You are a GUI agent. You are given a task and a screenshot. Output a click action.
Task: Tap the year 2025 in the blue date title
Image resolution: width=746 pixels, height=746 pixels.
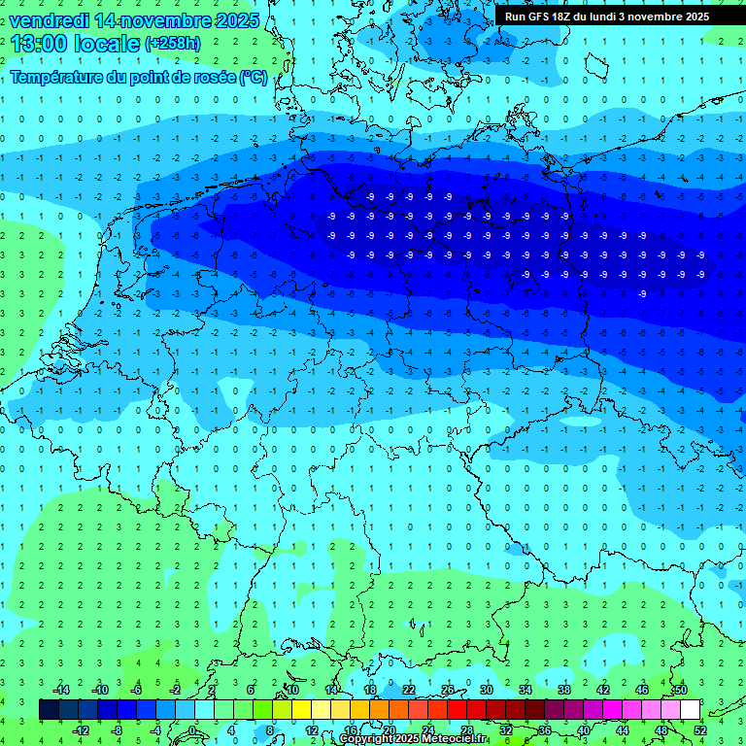(x=234, y=20)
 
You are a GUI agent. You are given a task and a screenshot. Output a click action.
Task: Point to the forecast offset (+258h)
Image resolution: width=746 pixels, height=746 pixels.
(x=174, y=44)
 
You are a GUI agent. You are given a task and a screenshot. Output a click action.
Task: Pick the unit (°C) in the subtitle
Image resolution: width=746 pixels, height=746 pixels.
(x=254, y=77)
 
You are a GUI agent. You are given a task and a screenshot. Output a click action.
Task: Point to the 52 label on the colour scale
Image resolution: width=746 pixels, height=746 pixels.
(x=699, y=729)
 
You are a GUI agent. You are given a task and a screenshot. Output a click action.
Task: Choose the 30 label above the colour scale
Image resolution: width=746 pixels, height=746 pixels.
(x=487, y=690)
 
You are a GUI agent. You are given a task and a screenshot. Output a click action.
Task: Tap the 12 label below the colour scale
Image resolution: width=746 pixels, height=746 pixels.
(x=312, y=729)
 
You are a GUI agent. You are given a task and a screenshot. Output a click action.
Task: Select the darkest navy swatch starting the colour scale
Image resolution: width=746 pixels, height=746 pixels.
(x=50, y=710)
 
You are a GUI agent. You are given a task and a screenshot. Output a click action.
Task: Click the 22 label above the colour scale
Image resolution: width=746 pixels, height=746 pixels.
(x=409, y=690)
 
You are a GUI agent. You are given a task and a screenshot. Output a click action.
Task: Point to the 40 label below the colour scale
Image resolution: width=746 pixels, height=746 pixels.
(x=584, y=729)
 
